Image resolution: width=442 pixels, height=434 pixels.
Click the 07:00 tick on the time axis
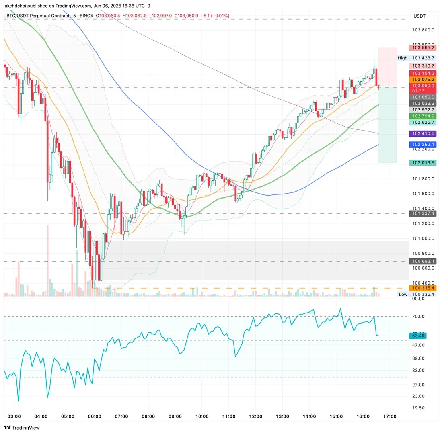pos(121,416)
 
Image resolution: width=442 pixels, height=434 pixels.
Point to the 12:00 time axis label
pos(255,416)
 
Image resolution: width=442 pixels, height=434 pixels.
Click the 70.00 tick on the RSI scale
pos(418,317)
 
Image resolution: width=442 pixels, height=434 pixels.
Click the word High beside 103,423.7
pos(402,58)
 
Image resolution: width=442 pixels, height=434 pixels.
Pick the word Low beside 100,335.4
pos(403,295)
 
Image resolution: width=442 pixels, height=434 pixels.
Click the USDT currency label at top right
pos(419,16)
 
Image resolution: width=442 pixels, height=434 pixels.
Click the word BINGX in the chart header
pos(86,16)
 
